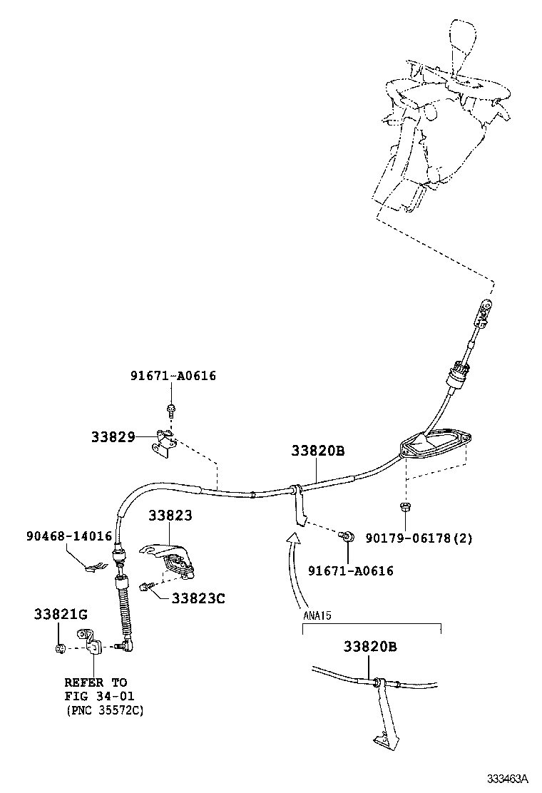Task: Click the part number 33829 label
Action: [x=113, y=436]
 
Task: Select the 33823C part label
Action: [x=198, y=598]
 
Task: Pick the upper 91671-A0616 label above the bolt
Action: [x=173, y=376]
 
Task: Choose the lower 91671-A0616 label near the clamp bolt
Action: [x=350, y=571]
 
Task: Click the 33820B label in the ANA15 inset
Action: [x=369, y=647]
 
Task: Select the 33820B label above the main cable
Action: [x=318, y=451]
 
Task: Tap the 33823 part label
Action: [x=170, y=515]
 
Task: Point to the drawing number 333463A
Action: [x=508, y=777]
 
